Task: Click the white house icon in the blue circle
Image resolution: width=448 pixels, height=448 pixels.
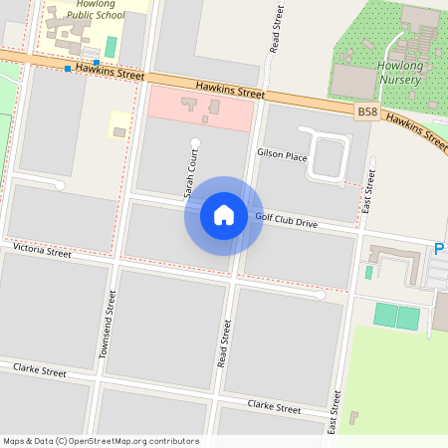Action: pyautogui.click(x=224, y=215)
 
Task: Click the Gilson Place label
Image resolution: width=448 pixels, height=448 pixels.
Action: pyautogui.click(x=282, y=155)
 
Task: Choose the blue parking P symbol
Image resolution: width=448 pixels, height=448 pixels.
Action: pyautogui.click(x=439, y=249)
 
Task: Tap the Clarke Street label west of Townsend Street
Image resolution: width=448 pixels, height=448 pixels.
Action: pyautogui.click(x=40, y=371)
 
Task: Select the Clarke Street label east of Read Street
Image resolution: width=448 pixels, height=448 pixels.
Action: pyautogui.click(x=274, y=407)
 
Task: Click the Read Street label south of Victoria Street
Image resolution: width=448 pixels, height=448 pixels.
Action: pyautogui.click(x=223, y=339)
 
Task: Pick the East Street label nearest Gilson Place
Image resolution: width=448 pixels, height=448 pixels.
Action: pyautogui.click(x=368, y=182)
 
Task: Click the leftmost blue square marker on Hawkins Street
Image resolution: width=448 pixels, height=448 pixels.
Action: pyautogui.click(x=68, y=69)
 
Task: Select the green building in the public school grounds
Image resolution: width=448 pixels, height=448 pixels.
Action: pyautogui.click(x=111, y=46)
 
